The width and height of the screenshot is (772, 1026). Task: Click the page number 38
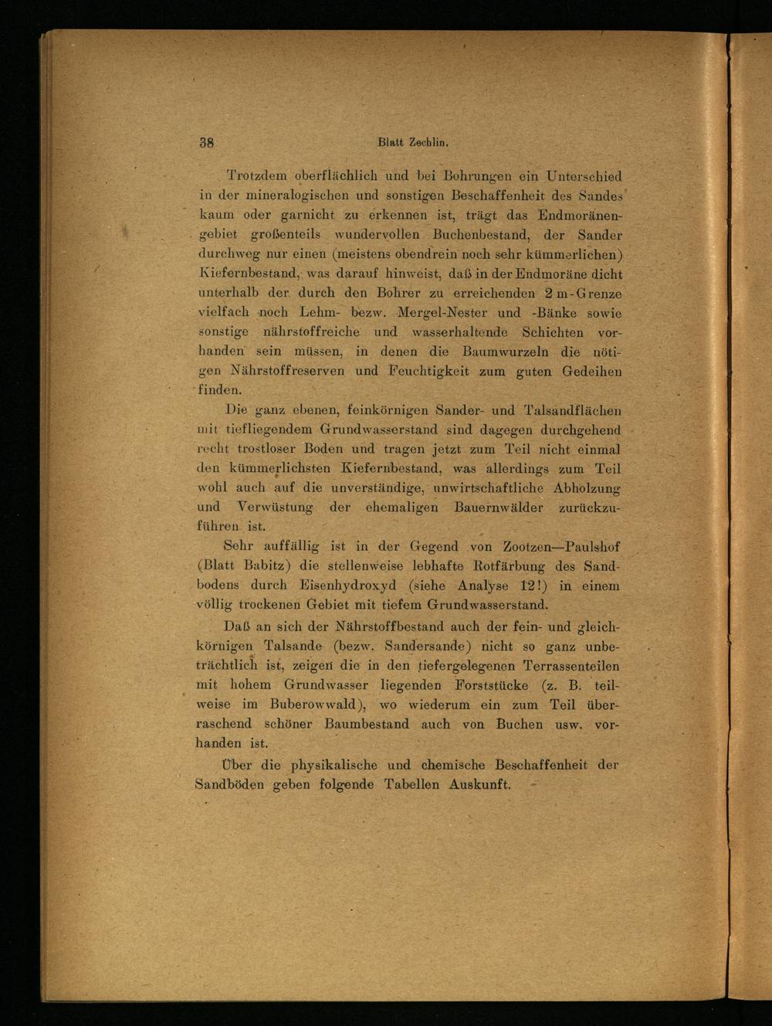206,142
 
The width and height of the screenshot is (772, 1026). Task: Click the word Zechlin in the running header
428,142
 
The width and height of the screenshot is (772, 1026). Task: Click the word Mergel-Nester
442,313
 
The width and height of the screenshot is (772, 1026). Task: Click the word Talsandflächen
572,410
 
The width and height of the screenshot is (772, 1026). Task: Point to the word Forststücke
492,685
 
